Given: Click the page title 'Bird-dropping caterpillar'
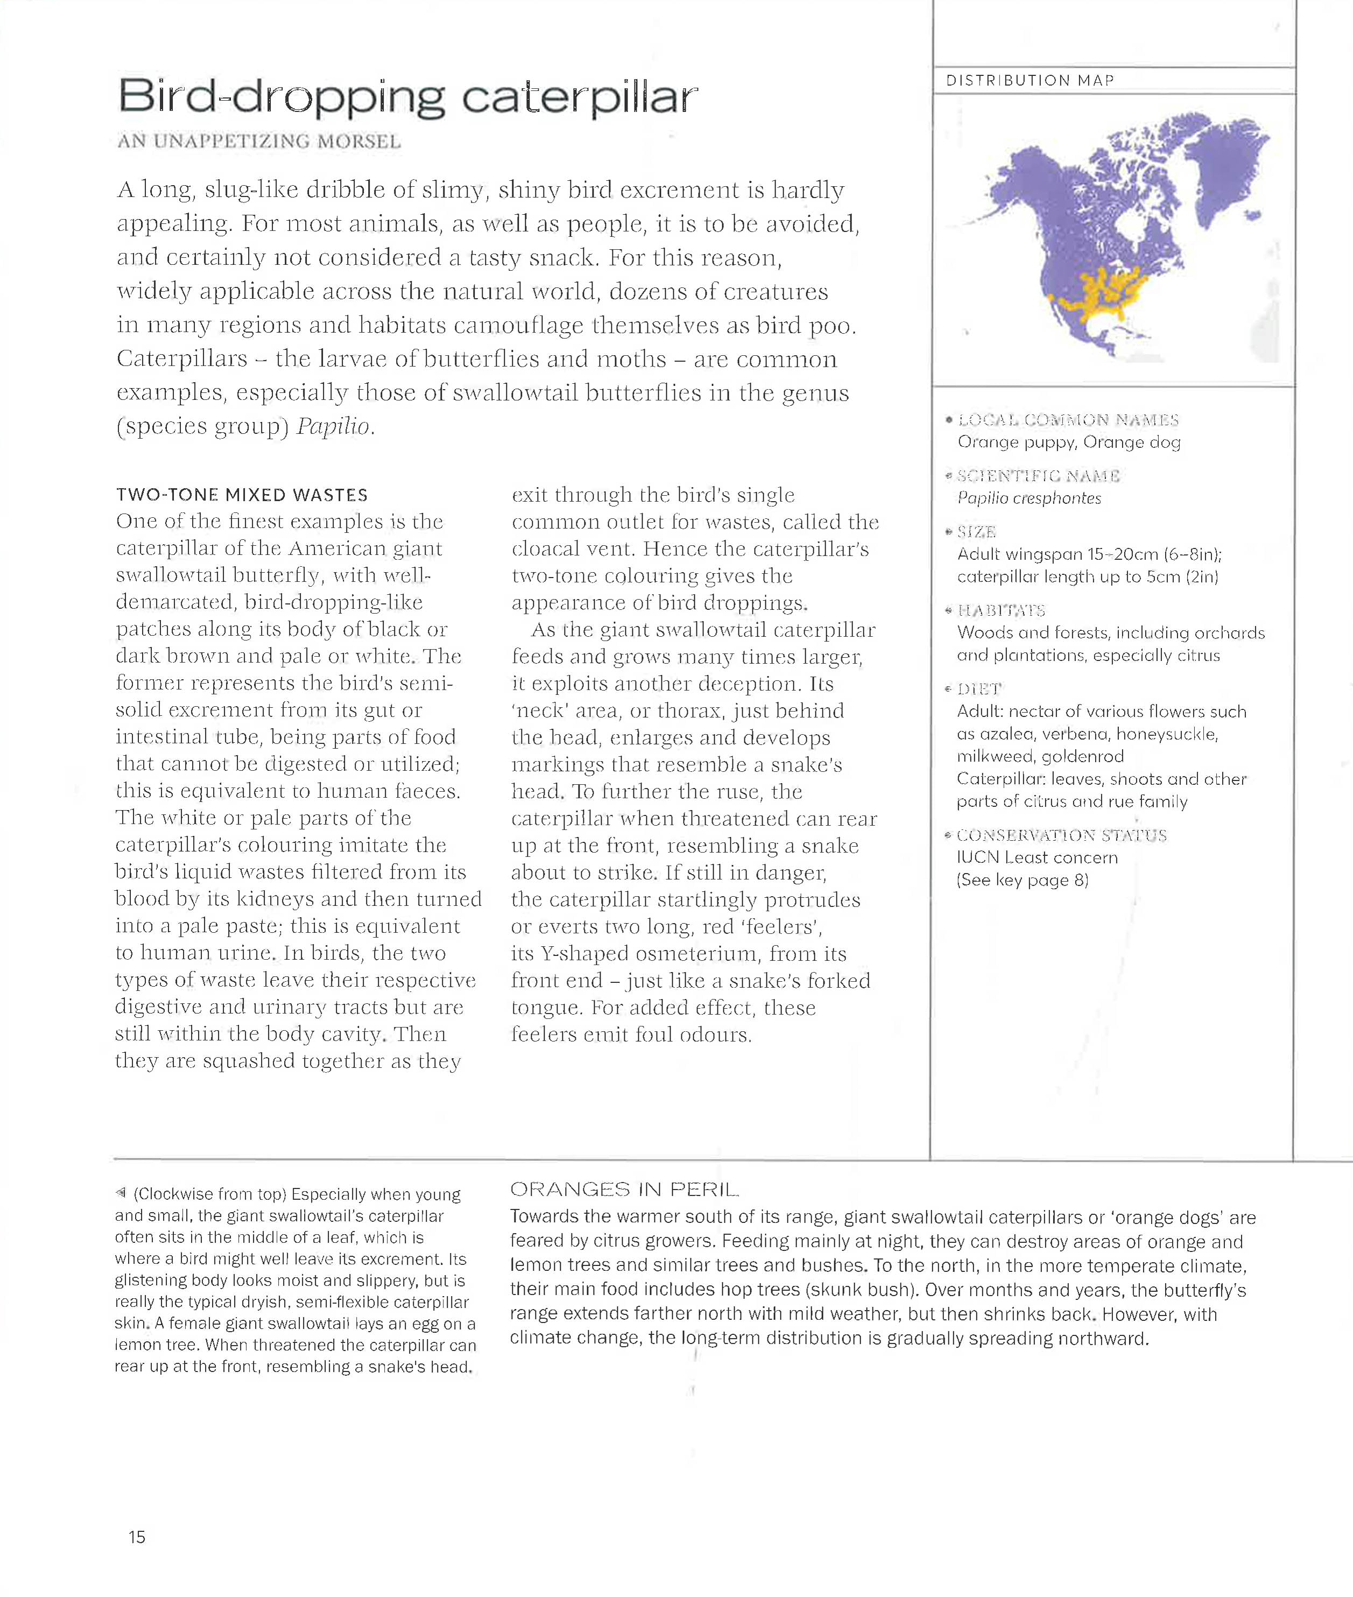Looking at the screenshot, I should coord(407,98).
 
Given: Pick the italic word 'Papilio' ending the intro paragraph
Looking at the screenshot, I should coord(334,426).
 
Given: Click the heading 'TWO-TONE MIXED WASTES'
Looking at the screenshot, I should coord(242,495).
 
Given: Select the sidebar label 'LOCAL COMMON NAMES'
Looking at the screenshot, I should coord(1068,420).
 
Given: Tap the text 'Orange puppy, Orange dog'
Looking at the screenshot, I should coord(1068,442).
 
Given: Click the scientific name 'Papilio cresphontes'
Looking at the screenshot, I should coord(1028,498).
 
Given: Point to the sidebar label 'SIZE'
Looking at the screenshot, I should coord(976,532).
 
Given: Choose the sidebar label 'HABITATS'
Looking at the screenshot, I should coord(1001,610).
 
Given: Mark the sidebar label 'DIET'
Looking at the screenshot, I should coord(979,689).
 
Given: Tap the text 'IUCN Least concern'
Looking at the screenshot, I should coord(1037,857).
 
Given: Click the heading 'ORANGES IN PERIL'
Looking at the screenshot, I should coord(624,1190).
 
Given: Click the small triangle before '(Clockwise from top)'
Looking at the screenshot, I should coord(121,1193).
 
